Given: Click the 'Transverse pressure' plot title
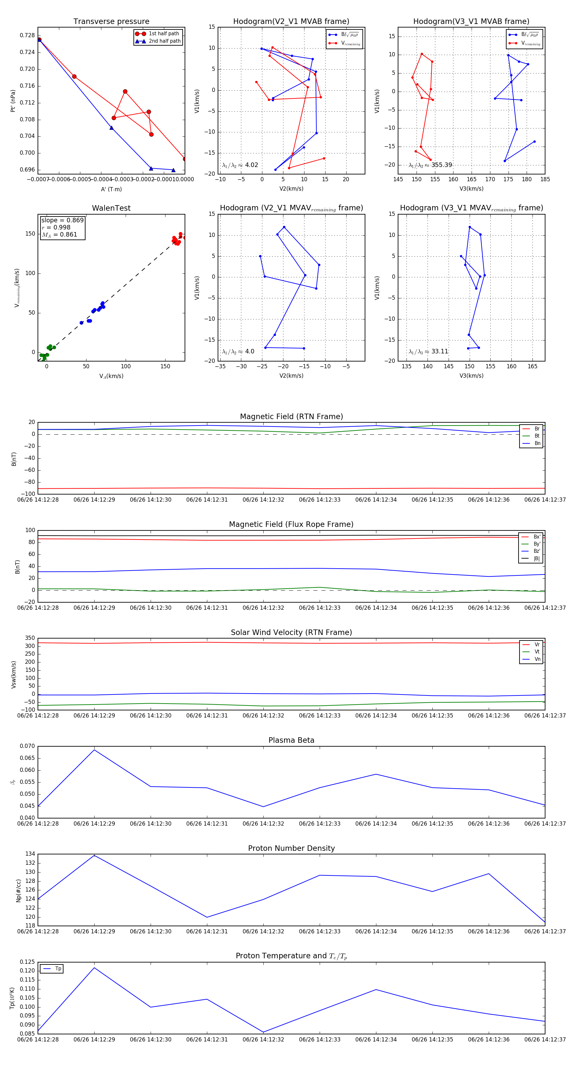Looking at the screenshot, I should click(111, 22).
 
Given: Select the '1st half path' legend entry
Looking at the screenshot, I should click(164, 34).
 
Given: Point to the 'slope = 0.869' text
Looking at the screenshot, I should click(62, 220).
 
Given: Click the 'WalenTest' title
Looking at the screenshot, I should click(111, 208).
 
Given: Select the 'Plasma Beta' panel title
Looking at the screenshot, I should click(291, 740).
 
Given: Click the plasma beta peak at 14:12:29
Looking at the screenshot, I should click(94, 750).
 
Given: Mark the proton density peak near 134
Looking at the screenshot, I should click(94, 855).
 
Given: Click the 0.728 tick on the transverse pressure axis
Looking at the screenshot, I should click(28, 35).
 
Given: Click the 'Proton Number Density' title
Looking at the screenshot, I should click(291, 848).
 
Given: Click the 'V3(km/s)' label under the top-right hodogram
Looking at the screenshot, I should click(471, 189).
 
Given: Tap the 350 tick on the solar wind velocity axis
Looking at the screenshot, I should click(30, 638).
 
